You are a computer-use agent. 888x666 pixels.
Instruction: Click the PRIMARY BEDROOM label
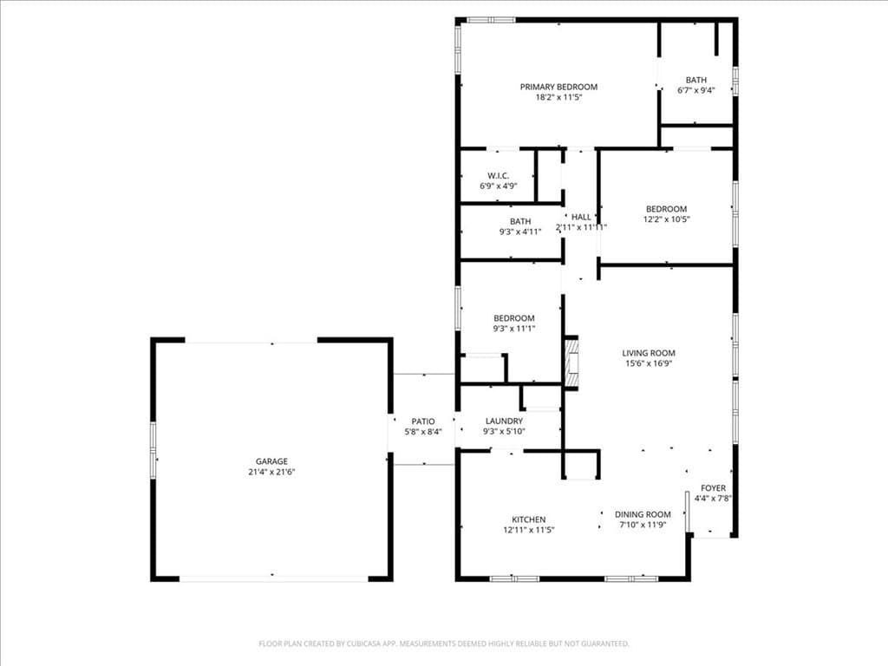point(558,87)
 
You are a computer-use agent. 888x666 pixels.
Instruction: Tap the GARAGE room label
point(271,461)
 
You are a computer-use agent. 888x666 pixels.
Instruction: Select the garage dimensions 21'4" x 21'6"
point(271,473)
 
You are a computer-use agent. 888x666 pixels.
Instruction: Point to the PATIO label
point(423,421)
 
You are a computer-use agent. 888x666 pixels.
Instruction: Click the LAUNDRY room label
point(504,421)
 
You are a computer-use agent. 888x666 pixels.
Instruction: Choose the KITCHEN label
point(528,519)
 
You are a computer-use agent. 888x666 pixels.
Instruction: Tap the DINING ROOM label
point(643,514)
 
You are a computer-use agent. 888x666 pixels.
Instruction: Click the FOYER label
point(713,488)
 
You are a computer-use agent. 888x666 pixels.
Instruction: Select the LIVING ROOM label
point(649,353)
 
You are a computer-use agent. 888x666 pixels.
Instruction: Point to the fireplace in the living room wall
point(571,362)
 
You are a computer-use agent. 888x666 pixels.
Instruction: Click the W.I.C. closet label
point(498,175)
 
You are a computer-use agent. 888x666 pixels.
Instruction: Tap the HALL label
point(581,217)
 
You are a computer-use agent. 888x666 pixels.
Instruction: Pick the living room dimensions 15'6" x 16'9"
point(649,364)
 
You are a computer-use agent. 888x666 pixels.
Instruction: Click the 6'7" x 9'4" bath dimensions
point(695,90)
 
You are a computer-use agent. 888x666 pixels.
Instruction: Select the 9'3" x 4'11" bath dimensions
point(520,232)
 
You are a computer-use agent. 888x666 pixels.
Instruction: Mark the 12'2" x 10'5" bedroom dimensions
point(666,219)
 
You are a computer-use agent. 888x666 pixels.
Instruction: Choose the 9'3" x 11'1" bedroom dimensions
point(514,329)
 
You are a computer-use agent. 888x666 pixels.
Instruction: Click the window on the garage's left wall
point(153,449)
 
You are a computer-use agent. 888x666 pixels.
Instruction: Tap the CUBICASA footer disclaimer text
point(444,643)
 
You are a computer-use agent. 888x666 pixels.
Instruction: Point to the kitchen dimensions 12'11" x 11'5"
point(528,530)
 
